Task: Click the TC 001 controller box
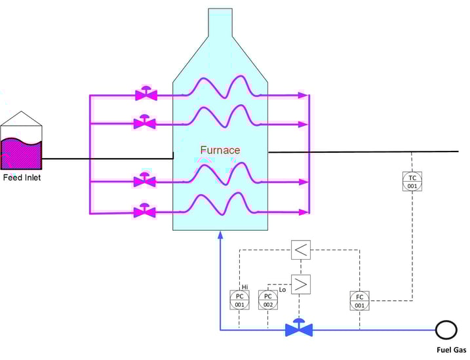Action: pyautogui.click(x=412, y=182)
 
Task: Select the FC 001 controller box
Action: pyautogui.click(x=359, y=301)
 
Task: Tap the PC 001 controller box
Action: pyautogui.click(x=239, y=300)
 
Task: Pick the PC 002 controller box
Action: pyautogui.click(x=268, y=300)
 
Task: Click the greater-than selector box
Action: pyautogui.click(x=300, y=284)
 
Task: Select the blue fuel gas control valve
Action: pyautogui.click(x=299, y=328)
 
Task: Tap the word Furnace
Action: pyautogui.click(x=220, y=150)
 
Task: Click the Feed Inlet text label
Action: pyautogui.click(x=22, y=177)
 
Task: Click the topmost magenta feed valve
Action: pyautogui.click(x=146, y=94)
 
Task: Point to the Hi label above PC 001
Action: pyautogui.click(x=245, y=287)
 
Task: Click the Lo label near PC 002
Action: pyautogui.click(x=283, y=289)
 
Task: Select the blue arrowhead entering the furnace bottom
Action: pyautogui.click(x=220, y=234)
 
